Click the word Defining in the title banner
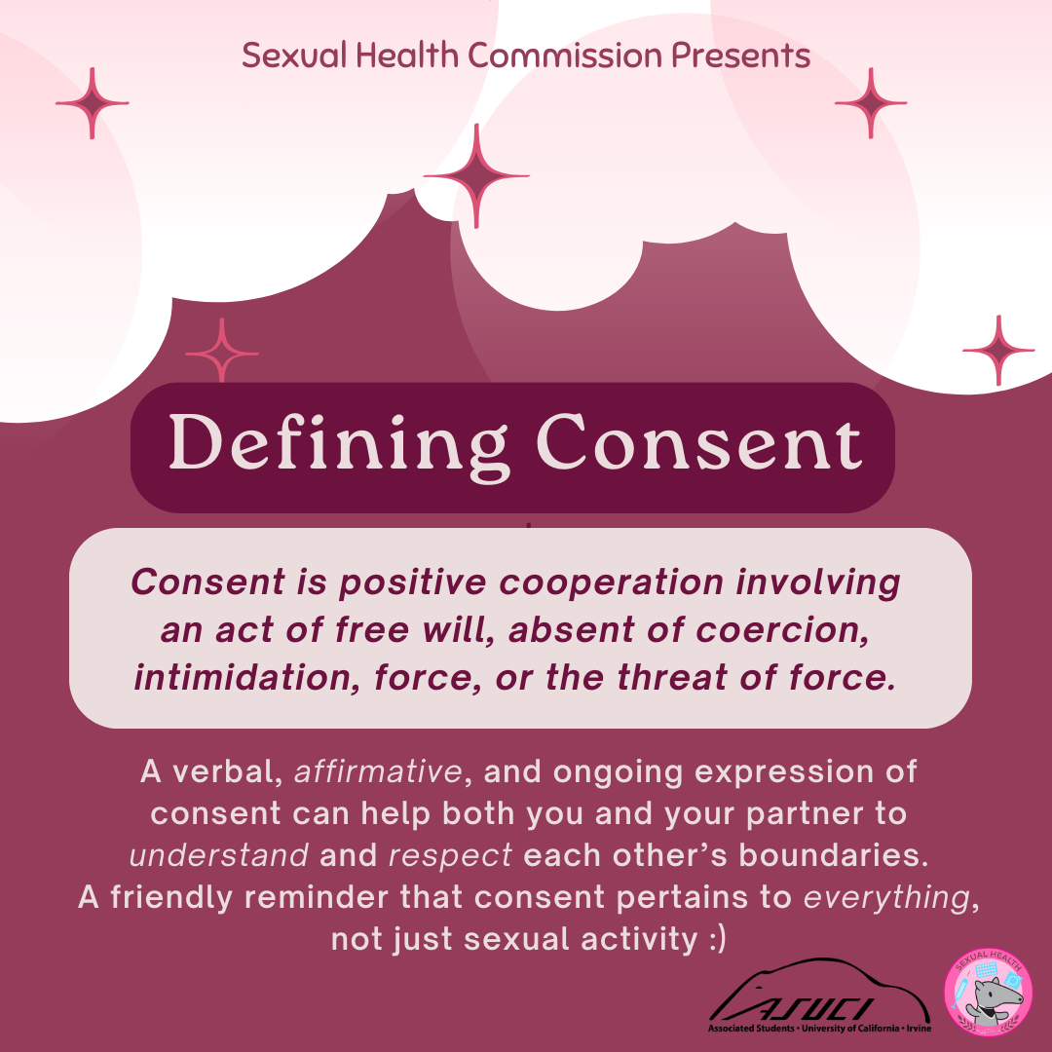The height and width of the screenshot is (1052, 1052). [x=337, y=445]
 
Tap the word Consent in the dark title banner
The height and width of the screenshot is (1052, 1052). [x=699, y=442]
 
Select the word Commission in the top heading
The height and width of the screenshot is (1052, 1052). [x=565, y=55]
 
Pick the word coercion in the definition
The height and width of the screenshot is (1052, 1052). [x=782, y=630]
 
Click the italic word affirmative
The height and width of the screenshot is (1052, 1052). [x=378, y=771]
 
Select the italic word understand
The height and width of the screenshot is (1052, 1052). [x=219, y=855]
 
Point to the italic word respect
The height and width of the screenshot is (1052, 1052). [x=450, y=856]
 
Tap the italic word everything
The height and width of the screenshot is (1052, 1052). [x=887, y=898]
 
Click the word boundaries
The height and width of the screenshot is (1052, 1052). [x=834, y=855]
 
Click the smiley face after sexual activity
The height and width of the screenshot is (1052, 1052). [x=717, y=939]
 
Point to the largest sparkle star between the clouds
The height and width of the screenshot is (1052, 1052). [x=476, y=175]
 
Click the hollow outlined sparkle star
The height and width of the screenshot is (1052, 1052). [x=221, y=353]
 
